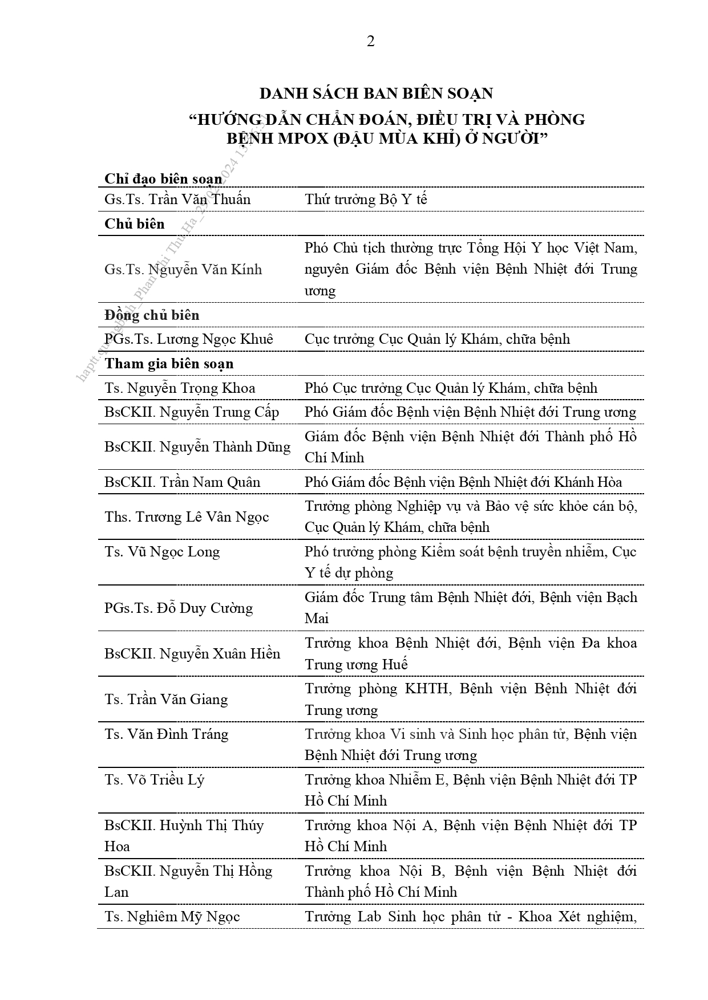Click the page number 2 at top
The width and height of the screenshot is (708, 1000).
pyautogui.click(x=370, y=42)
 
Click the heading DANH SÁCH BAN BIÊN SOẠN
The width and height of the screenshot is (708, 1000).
pyautogui.click(x=376, y=94)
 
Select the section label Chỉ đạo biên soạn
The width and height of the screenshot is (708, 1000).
pyautogui.click(x=163, y=179)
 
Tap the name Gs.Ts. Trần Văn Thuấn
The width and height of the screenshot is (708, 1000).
pyautogui.click(x=177, y=200)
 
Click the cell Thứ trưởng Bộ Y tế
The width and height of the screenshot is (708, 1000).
pyautogui.click(x=366, y=200)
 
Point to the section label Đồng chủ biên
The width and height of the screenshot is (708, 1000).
pyautogui.click(x=152, y=315)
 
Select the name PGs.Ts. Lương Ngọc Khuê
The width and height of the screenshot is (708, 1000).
pyautogui.click(x=189, y=339)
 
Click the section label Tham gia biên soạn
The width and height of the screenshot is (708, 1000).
pyautogui.click(x=169, y=364)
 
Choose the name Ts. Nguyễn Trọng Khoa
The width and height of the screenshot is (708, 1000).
pyautogui.click(x=180, y=388)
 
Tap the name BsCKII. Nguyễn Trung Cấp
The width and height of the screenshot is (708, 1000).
pyautogui.click(x=192, y=412)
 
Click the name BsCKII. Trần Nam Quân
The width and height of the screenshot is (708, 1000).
pyautogui.click(x=182, y=482)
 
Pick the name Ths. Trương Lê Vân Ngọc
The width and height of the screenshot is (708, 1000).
pyautogui.click(x=187, y=517)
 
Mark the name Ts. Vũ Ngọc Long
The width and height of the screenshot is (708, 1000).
pyautogui.click(x=162, y=552)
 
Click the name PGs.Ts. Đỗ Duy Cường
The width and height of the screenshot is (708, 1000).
pyautogui.click(x=179, y=608)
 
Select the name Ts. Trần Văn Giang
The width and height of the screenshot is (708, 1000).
pyautogui.click(x=166, y=700)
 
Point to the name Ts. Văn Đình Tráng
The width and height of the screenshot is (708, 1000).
pyautogui.click(x=166, y=734)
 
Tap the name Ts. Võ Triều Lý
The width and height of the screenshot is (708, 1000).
pyautogui.click(x=154, y=779)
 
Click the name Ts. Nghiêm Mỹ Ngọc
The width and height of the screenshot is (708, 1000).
pyautogui.click(x=172, y=917)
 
